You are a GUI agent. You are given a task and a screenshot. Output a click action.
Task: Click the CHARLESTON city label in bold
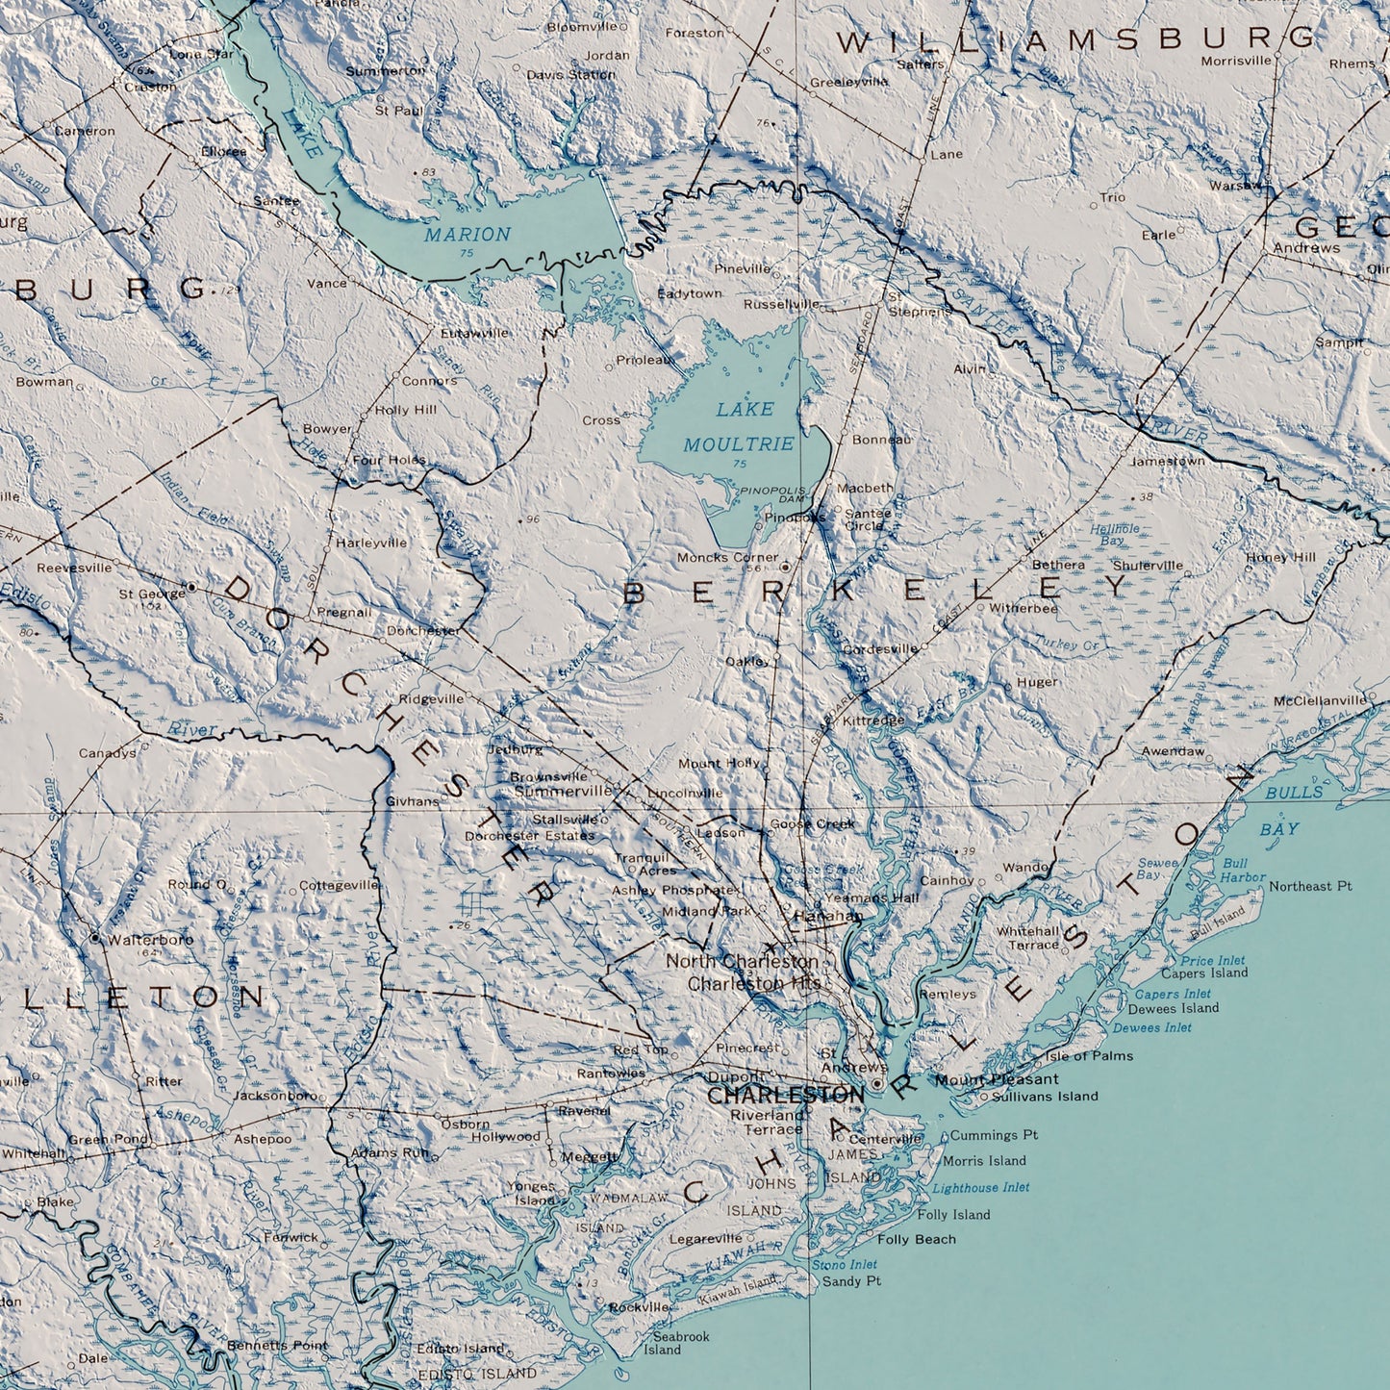coord(786,1096)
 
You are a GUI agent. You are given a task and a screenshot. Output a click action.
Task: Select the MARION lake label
coord(468,234)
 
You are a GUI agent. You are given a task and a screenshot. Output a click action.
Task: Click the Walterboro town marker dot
coord(95,936)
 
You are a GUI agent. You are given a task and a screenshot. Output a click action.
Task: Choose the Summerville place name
coord(563,791)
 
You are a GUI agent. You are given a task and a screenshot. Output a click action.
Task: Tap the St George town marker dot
coord(191,586)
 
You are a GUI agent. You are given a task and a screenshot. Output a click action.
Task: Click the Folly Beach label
coord(916,1239)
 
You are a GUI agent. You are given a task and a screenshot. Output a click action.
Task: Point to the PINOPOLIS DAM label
coord(772,494)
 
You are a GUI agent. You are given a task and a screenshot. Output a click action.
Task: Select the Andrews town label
coord(1305,247)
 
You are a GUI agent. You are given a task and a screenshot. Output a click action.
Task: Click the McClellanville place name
coord(1320,700)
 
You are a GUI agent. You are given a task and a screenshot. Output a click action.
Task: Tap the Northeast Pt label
coord(1310,886)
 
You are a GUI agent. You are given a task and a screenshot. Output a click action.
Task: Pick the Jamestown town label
coord(1167,461)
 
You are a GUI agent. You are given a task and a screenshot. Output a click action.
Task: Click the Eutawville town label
coord(474,333)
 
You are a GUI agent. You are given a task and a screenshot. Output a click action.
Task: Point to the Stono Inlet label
coord(844,1264)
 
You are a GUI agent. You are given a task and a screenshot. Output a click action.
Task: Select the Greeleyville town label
coord(848,82)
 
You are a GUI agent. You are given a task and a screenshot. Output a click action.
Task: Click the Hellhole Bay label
coord(1114,535)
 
